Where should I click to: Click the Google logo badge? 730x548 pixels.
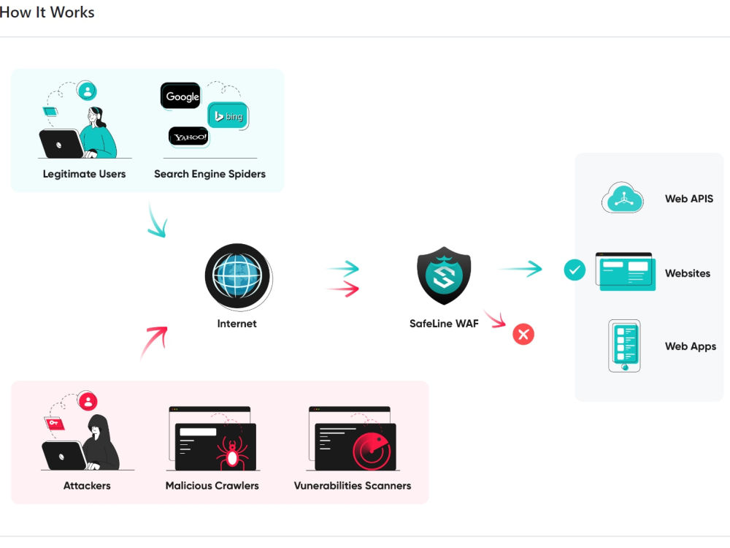coord(181,96)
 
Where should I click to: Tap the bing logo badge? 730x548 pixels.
coord(228,116)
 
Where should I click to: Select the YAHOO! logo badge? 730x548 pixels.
coord(189,137)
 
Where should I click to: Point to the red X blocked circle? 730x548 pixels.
coord(523,335)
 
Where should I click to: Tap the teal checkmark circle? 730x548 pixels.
coord(575,270)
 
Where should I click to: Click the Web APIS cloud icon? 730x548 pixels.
coord(622,198)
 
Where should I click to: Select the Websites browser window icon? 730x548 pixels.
coord(625,272)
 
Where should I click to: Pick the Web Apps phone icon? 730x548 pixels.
coord(624,346)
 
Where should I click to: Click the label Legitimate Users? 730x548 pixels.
coord(84,174)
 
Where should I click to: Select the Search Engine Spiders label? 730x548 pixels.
coord(210,174)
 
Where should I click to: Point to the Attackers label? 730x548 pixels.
coord(87,485)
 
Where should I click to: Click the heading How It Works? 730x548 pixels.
coord(47,12)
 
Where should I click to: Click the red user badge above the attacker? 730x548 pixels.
coord(88,401)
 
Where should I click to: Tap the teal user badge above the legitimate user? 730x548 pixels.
coord(88,91)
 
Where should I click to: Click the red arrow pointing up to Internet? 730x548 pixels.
coord(153,342)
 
